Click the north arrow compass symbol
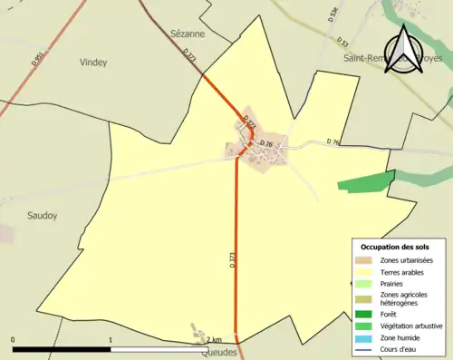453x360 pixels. coord(402,46)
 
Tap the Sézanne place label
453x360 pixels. coord(188,34)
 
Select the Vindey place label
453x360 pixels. coord(93,63)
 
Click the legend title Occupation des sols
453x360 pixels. coord(395,247)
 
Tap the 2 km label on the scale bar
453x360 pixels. coord(214,339)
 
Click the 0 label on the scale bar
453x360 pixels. coord(14,339)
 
